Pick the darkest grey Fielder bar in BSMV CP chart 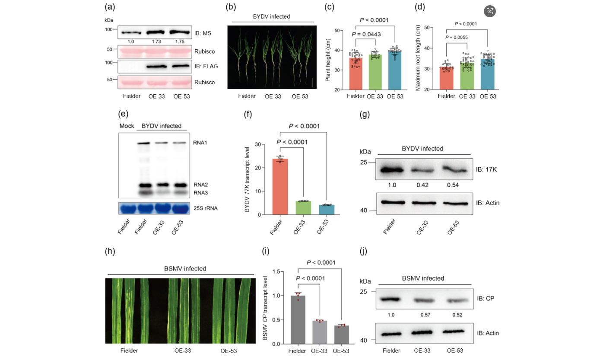pyautogui.click(x=298, y=320)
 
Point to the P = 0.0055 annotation pyautogui.click(x=457, y=37)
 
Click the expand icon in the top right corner pyautogui.click(x=489, y=11)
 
